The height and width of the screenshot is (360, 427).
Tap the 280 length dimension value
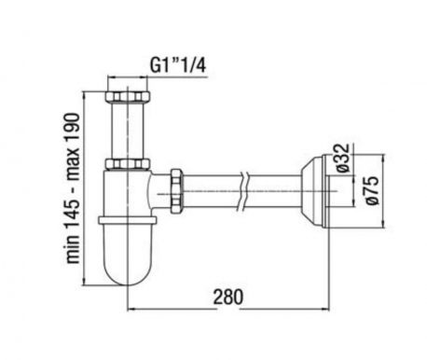[228, 298]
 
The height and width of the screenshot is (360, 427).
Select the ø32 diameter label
[343, 158]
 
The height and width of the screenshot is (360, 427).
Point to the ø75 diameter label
[372, 190]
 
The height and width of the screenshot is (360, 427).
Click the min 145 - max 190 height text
[74, 188]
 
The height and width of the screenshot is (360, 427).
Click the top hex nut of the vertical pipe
[128, 96]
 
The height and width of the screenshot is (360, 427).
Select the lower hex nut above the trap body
[128, 164]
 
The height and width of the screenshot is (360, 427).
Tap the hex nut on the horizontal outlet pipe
[176, 190]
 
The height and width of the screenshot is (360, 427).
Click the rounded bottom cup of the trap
[128, 255]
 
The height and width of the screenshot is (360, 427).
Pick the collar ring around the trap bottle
[128, 220]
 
